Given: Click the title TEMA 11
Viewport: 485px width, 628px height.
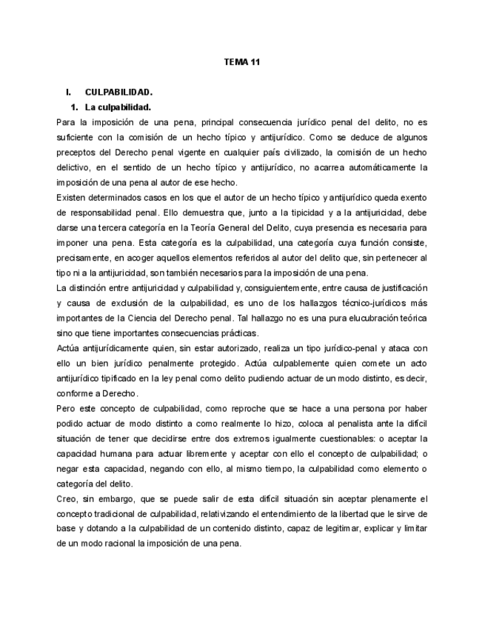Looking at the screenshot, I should point(241,62).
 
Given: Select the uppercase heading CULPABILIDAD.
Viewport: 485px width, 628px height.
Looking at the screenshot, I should point(118,93).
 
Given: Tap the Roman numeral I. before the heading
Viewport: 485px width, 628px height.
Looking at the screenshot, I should point(68,93).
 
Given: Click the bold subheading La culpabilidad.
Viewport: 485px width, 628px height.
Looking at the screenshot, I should point(118,108).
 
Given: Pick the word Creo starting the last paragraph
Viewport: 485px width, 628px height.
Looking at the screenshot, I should point(66,498).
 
